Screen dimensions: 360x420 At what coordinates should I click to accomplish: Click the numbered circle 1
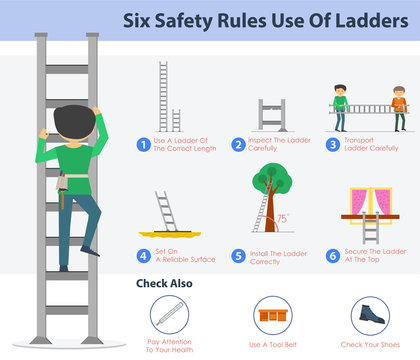(143, 144)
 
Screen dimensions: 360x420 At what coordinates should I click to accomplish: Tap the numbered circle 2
(238, 144)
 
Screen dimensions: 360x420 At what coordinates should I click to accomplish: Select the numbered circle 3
(332, 144)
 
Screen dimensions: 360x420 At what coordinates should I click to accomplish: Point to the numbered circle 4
(143, 256)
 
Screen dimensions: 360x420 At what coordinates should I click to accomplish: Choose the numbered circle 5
(238, 256)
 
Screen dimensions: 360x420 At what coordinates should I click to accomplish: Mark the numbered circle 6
(332, 256)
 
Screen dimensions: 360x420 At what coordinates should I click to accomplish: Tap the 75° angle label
(284, 218)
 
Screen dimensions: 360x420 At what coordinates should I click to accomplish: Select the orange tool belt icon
(268, 315)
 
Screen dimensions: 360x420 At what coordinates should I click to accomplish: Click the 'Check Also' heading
(164, 283)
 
